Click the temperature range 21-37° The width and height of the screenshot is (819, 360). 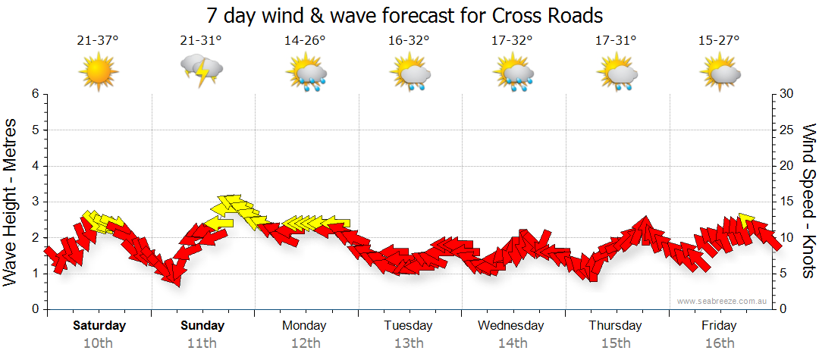(98, 41)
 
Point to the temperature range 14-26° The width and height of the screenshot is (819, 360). (305, 41)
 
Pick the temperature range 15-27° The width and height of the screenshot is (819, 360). (719, 41)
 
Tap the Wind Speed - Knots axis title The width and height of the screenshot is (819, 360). (808, 201)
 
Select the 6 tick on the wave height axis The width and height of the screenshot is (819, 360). (33, 94)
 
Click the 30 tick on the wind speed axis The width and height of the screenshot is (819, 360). (787, 94)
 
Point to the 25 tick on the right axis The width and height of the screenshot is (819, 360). (787, 130)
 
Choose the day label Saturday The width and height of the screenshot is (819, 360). (99, 326)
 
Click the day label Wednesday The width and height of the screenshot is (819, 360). (510, 326)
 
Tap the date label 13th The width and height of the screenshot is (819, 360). (408, 343)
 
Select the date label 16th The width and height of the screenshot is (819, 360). (719, 343)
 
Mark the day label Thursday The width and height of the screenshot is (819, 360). (615, 326)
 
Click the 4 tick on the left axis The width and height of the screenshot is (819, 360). (33, 166)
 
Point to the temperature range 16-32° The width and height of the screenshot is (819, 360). (409, 41)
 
